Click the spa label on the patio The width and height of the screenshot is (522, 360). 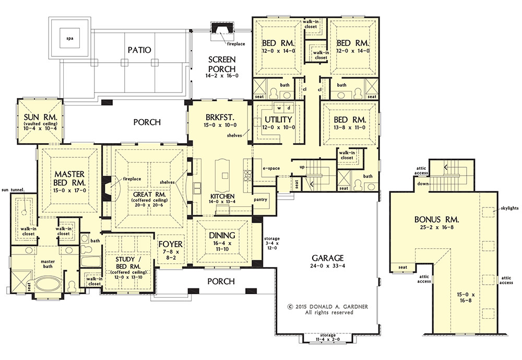coord(70,38)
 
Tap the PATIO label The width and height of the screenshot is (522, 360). coord(139,50)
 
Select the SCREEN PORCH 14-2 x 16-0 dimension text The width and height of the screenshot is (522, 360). coord(222,76)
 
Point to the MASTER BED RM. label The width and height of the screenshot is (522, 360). coord(69,178)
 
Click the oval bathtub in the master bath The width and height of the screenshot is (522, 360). coord(48,285)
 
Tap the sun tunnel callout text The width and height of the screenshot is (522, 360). coord(13,190)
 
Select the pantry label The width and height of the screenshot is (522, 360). coord(260,200)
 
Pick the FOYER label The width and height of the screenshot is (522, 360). coord(171,244)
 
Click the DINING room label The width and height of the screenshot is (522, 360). coord(222,235)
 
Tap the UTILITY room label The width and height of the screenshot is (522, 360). coord(278,119)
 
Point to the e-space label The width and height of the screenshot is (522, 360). coord(271,168)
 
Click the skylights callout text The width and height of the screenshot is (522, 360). coord(509,208)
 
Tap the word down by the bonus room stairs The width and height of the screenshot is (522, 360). coord(423,184)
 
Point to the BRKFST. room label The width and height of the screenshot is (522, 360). coord(220,118)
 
